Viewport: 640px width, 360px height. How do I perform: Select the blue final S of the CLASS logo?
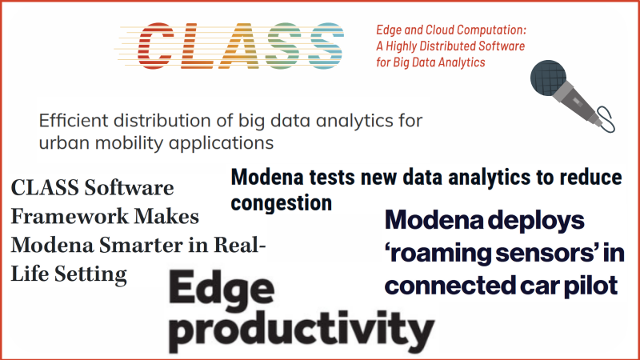coord(326,46)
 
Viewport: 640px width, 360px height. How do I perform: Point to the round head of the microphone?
coord(548,78)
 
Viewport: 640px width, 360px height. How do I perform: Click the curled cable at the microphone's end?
coord(606,118)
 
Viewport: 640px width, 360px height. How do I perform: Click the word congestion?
coord(282,203)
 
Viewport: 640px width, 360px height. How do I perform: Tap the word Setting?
coord(91,274)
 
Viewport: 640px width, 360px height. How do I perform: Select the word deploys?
coord(536,221)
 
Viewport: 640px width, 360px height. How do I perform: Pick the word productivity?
coord(302,331)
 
